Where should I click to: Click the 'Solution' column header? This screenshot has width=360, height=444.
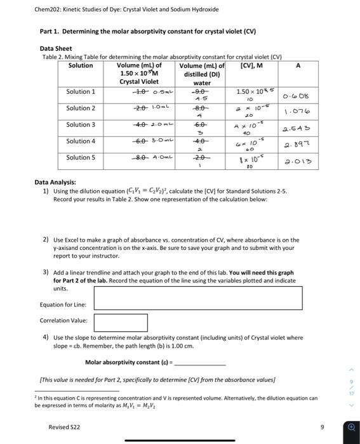pyautogui.click(x=81, y=65)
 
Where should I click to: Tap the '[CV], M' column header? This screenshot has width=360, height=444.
pyautogui.click(x=250, y=65)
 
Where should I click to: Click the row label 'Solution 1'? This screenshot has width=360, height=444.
pyautogui.click(x=81, y=92)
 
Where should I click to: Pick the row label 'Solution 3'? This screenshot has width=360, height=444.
pyautogui.click(x=81, y=125)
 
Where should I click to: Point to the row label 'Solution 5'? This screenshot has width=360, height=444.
pyautogui.click(x=81, y=157)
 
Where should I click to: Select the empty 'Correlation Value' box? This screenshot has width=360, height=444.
pyautogui.click(x=121, y=322)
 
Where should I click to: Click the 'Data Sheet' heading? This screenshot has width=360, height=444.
pyautogui.click(x=56, y=48)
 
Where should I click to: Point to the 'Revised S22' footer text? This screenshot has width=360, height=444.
pyautogui.click(x=65, y=427)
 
